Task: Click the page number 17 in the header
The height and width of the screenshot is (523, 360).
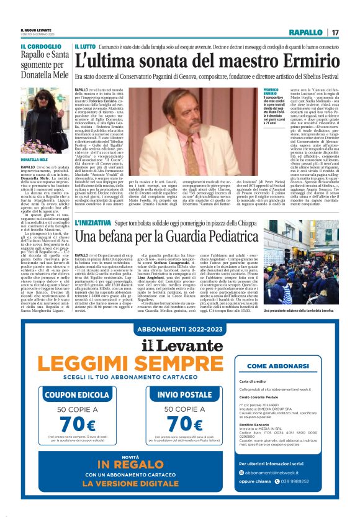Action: click(335, 32)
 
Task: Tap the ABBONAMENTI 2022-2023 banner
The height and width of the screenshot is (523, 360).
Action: click(179, 329)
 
